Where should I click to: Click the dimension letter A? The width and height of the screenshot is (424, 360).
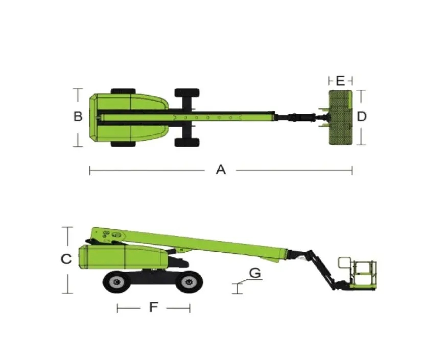coord(221,170)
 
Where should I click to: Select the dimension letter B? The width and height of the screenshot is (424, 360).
coord(78,116)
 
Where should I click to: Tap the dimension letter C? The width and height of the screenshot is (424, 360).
coord(66,259)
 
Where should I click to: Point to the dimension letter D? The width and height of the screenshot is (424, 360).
coord(362,116)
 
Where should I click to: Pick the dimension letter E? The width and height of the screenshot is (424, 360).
coord(340,81)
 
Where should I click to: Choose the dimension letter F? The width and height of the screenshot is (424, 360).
coord(153,307)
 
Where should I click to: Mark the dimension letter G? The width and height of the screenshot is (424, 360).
coord(255,273)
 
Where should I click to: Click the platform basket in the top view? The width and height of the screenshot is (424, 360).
coord(340,117)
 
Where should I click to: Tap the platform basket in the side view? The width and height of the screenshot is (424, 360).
coord(358,274)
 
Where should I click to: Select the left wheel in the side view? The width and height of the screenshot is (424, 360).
coord(117,282)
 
